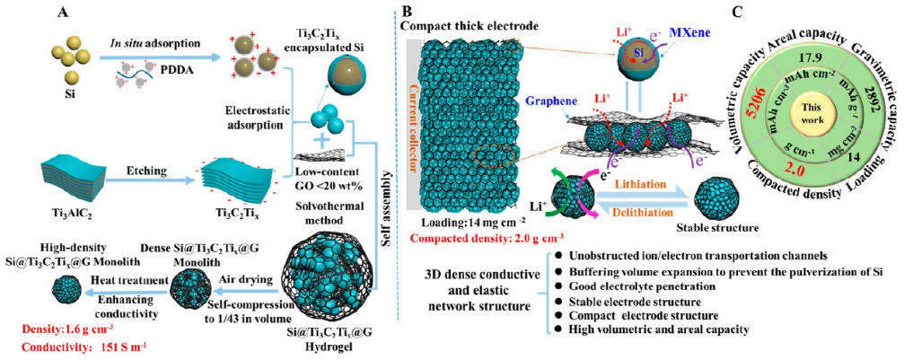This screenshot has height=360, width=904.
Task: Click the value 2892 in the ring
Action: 865,96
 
